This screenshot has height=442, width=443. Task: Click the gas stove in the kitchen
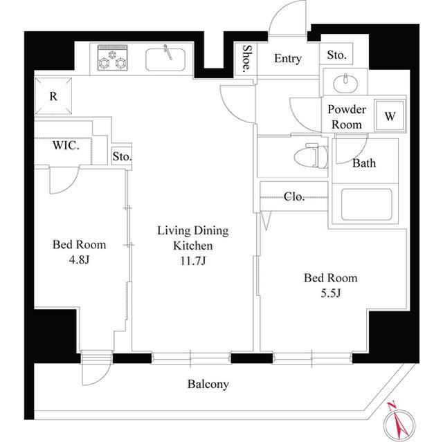pos(112,57)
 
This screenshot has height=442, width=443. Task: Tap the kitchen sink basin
pos(165,60)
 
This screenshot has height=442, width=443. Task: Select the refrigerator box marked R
pos(53,96)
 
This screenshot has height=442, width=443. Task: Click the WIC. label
pos(66,145)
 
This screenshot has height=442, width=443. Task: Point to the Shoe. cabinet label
pos(246,58)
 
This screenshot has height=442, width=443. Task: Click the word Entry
pos(288,58)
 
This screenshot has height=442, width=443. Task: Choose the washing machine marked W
pos(390,116)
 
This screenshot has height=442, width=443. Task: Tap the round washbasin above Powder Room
pos(345,83)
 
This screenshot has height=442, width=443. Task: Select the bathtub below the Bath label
pos(366,204)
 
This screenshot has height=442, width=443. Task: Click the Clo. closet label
pos(294,196)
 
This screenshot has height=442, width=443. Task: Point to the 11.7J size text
pos(193,261)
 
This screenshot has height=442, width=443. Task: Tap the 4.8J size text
pos(79,259)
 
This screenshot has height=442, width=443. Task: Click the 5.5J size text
pos(331,293)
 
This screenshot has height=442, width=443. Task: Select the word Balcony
pos(208,384)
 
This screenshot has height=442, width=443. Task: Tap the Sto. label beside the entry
pos(336,55)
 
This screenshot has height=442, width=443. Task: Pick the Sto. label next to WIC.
pos(122,156)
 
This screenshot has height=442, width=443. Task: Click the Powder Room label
pos(347,117)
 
